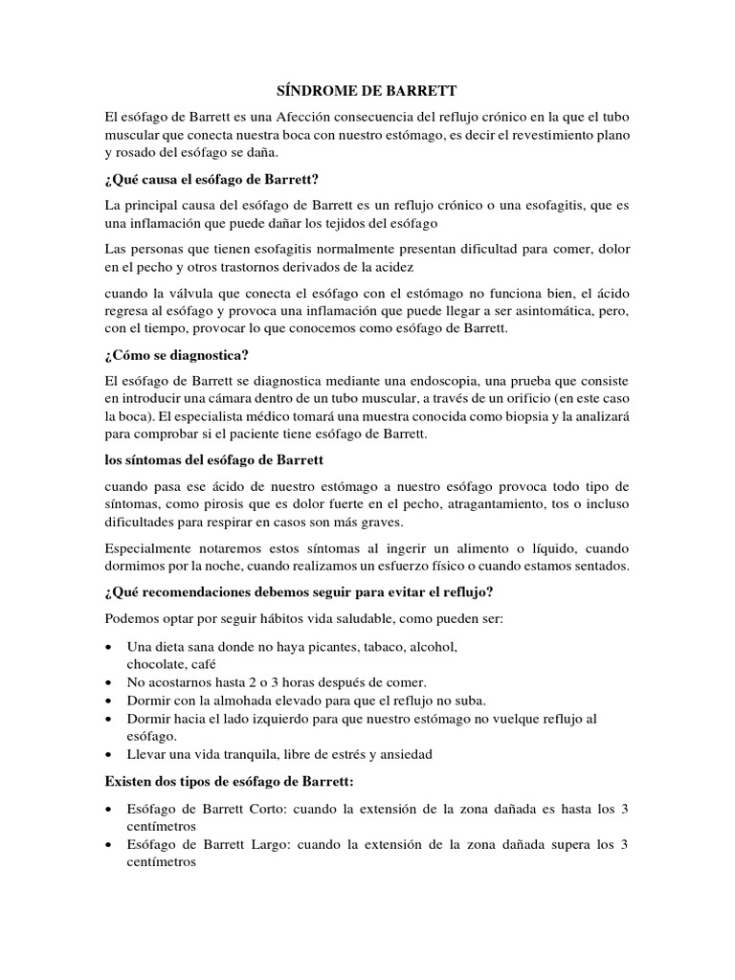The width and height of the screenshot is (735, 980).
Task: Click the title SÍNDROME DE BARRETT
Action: pos(367,91)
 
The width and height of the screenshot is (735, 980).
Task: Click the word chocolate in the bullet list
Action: pos(154,663)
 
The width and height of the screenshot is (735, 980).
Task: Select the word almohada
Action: pos(220,701)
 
